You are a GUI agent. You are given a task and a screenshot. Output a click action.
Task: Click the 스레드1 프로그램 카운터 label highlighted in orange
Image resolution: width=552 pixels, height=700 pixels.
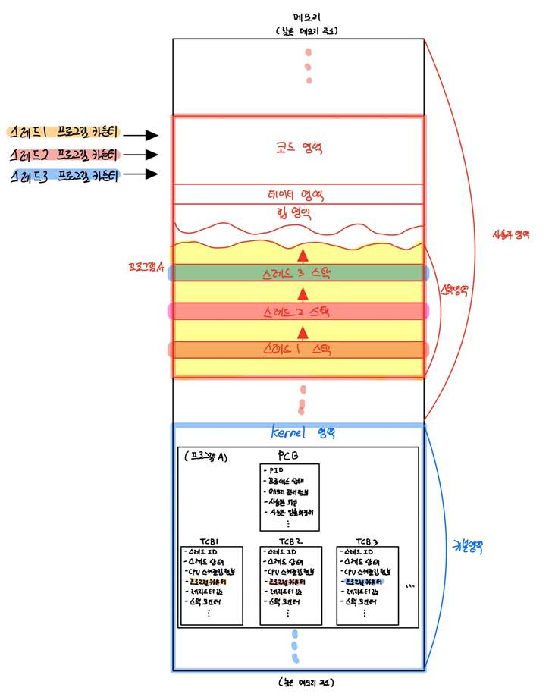[x=63, y=131]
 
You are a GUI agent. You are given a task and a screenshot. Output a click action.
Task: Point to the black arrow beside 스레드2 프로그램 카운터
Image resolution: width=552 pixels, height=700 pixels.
[x=141, y=155]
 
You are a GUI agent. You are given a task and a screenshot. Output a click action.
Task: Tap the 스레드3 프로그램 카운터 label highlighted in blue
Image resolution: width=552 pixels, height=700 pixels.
[x=65, y=177]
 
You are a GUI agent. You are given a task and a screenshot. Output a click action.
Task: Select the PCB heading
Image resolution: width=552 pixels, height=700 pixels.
[x=289, y=456]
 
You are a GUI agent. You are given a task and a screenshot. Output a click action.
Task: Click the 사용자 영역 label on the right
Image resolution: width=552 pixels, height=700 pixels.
[x=511, y=234]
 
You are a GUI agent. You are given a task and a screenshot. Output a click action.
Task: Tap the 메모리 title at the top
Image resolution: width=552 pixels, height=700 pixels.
[x=308, y=17]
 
